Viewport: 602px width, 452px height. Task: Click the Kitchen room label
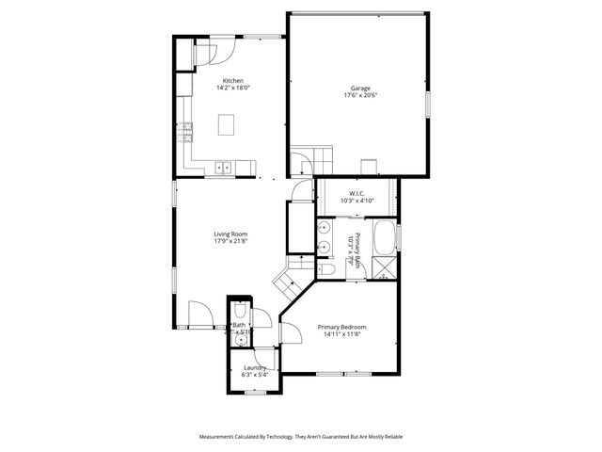pyautogui.click(x=233, y=81)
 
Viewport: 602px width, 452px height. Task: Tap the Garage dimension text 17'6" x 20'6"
pyautogui.click(x=360, y=96)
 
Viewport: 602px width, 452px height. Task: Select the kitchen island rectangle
pyautogui.click(x=227, y=124)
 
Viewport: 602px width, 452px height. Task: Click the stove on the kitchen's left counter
pyautogui.click(x=184, y=131)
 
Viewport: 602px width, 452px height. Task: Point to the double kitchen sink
pyautogui.click(x=224, y=168)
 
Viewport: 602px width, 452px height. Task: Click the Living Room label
pyautogui.click(x=230, y=234)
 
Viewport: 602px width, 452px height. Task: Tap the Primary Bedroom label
pyautogui.click(x=341, y=327)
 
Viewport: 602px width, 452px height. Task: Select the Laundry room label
pyautogui.click(x=255, y=367)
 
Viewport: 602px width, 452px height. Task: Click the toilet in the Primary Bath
pyautogui.click(x=325, y=269)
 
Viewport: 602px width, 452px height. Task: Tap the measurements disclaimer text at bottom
pyautogui.click(x=300, y=437)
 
